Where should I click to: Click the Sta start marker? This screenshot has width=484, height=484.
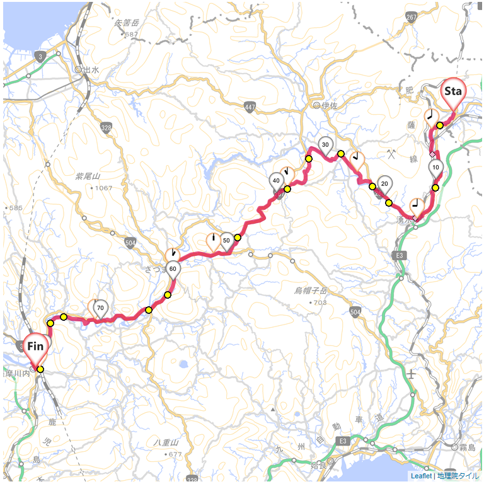[x=452, y=92]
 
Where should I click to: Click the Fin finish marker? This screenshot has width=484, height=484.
[x=35, y=347]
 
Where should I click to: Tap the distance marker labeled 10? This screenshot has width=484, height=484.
[x=435, y=168]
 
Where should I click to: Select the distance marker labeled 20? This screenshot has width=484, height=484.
[x=384, y=184]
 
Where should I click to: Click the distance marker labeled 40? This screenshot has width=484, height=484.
[x=276, y=180]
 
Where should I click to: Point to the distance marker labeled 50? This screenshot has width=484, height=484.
[x=226, y=240]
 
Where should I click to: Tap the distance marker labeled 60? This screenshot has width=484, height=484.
[x=173, y=268]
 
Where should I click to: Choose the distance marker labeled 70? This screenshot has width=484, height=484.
[x=100, y=308]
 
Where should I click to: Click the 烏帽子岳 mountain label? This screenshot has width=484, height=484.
[x=311, y=291]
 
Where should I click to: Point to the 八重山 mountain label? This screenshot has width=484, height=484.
[x=166, y=443]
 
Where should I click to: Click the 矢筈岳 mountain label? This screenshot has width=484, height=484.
[x=127, y=23]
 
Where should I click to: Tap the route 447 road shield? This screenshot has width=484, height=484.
[x=251, y=108]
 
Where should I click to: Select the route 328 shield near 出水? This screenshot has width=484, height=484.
[x=105, y=128]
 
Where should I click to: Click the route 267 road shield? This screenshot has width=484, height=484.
[x=412, y=18]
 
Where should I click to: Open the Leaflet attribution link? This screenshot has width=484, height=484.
[x=421, y=476]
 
